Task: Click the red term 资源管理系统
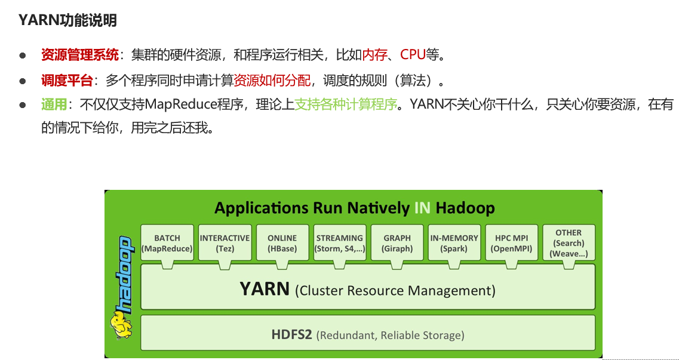pyautogui.click(x=79, y=56)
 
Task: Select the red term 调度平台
pyautogui.click(x=67, y=80)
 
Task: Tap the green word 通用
pyautogui.click(x=54, y=105)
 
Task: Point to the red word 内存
pyautogui.click(x=374, y=56)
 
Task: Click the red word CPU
pyautogui.click(x=413, y=56)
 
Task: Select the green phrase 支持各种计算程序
pyautogui.click(x=346, y=105)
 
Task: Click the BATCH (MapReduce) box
pyautogui.click(x=167, y=243)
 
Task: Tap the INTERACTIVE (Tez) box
pyautogui.click(x=225, y=243)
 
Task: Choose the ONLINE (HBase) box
pyautogui.click(x=282, y=243)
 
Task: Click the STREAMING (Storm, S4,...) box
pyautogui.click(x=340, y=243)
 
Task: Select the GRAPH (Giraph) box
pyautogui.click(x=397, y=243)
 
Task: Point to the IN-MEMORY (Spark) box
pyautogui.click(x=454, y=243)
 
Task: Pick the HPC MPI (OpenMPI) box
pyautogui.click(x=512, y=243)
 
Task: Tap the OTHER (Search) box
pyautogui.click(x=569, y=243)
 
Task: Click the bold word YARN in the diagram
pyautogui.click(x=265, y=290)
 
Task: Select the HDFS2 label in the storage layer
pyautogui.click(x=291, y=334)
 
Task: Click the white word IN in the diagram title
pyautogui.click(x=422, y=208)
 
